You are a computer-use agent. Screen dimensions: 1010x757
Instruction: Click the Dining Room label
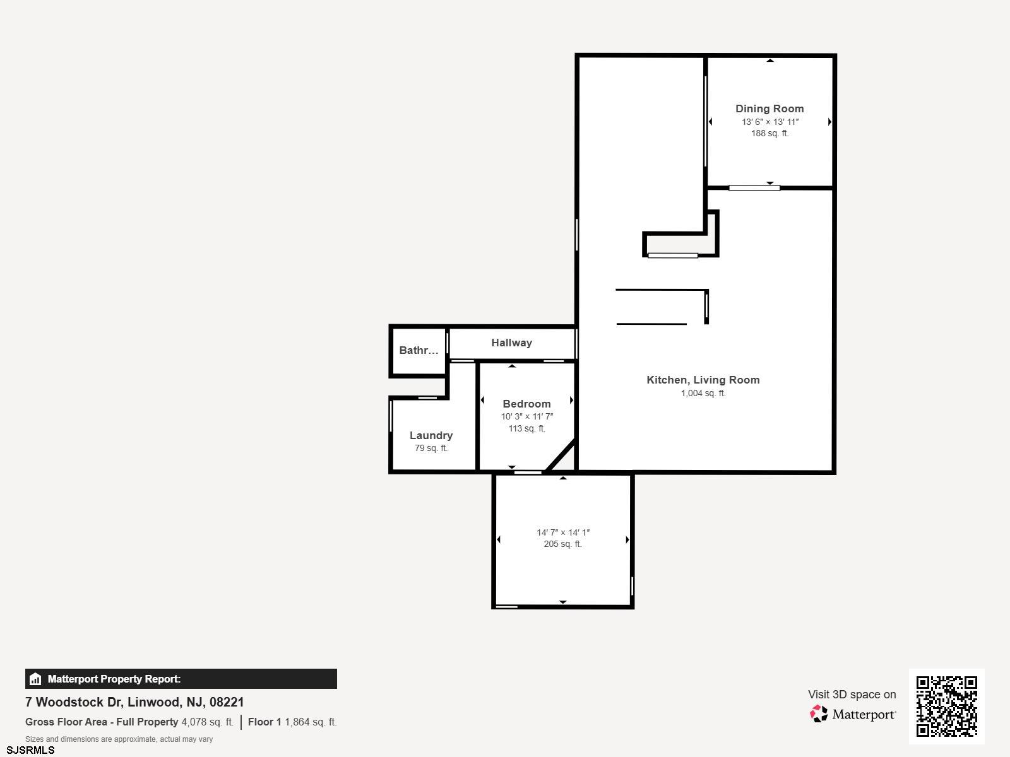click(x=769, y=109)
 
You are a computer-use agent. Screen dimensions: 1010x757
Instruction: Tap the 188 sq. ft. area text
click(x=769, y=133)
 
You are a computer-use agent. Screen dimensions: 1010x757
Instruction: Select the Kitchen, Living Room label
click(x=703, y=380)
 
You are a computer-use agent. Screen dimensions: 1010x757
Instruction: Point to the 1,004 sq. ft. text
click(x=703, y=393)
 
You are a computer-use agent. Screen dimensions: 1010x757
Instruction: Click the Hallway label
click(x=512, y=343)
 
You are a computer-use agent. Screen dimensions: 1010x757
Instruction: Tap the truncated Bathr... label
click(x=419, y=350)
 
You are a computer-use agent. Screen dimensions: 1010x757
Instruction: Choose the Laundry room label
click(x=431, y=435)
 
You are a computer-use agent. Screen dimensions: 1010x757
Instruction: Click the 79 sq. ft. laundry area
click(x=431, y=448)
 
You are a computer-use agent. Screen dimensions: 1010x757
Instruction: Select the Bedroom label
click(x=526, y=404)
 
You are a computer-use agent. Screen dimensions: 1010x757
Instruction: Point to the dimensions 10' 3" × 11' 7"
click(x=527, y=416)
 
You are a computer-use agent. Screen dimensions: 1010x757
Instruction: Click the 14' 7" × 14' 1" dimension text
click(x=562, y=532)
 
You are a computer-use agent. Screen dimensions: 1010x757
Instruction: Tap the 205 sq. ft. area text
click(x=562, y=544)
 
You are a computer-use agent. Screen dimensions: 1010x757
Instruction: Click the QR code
click(x=946, y=707)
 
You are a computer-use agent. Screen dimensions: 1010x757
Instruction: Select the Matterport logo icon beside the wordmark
click(x=819, y=713)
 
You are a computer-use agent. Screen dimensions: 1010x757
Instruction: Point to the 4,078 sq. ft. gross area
click(x=208, y=722)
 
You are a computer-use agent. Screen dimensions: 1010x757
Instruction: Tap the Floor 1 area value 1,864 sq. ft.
click(x=311, y=722)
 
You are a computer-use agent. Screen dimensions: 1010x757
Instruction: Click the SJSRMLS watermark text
click(x=30, y=750)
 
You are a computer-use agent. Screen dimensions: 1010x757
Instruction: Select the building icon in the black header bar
click(x=35, y=679)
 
